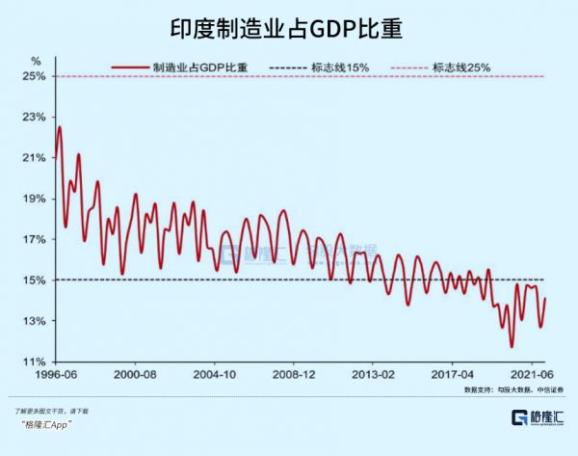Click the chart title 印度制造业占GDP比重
pos(289,28)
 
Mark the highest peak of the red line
pos(60,127)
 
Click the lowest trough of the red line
pos(512,346)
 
